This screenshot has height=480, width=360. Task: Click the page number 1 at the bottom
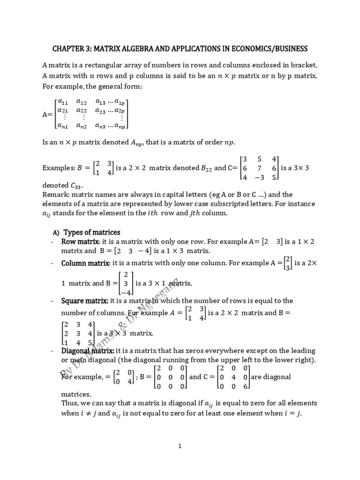pyautogui.click(x=180, y=446)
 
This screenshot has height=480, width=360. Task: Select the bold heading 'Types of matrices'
pyautogui.click(x=92, y=232)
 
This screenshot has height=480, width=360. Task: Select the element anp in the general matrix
pyautogui.click(x=120, y=126)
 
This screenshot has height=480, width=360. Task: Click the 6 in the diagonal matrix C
pyautogui.click(x=245, y=387)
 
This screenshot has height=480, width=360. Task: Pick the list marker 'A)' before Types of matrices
pyautogui.click(x=55, y=233)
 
